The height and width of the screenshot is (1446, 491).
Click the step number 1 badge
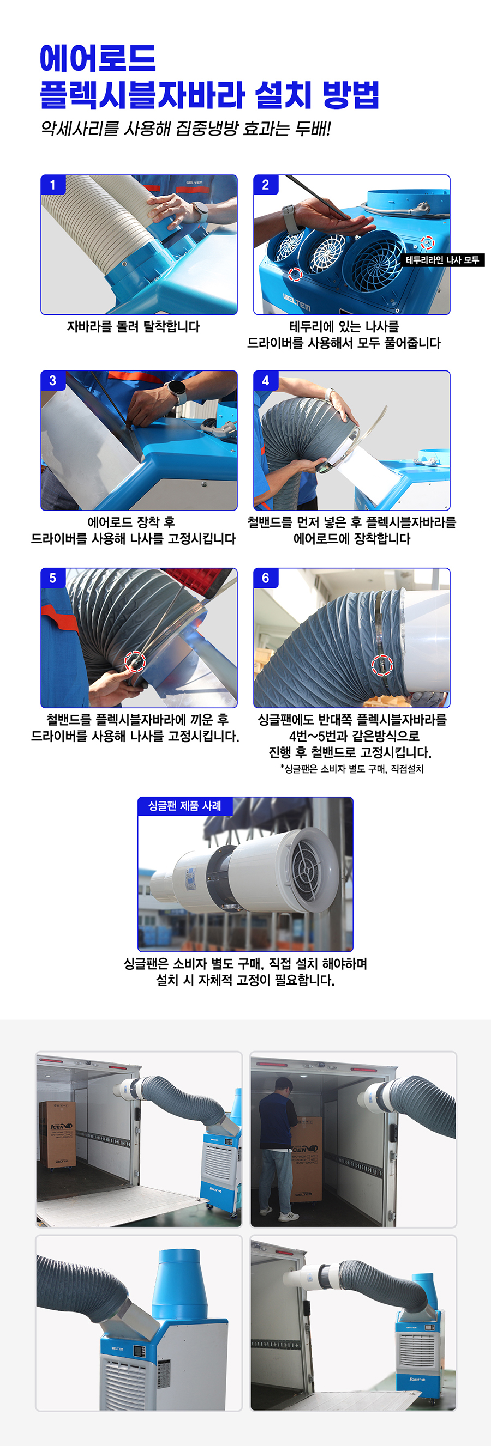pyautogui.click(x=53, y=185)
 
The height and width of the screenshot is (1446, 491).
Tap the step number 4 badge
pyautogui.click(x=266, y=381)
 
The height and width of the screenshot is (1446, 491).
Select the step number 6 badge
pyautogui.click(x=266, y=578)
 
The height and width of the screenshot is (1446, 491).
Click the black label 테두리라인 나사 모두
pyautogui.click(x=442, y=260)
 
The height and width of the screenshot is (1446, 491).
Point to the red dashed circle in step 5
pyautogui.click(x=135, y=662)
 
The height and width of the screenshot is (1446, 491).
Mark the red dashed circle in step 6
pyautogui.click(x=382, y=665)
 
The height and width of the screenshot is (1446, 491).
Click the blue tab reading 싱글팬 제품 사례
pyautogui.click(x=185, y=806)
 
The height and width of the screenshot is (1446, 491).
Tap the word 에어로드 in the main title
pyautogui.click(x=98, y=58)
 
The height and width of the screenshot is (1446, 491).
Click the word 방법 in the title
pyautogui.click(x=351, y=95)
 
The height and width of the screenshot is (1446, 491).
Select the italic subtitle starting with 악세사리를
pyautogui.click(x=186, y=129)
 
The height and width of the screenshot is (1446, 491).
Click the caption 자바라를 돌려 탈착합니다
pyautogui.click(x=133, y=327)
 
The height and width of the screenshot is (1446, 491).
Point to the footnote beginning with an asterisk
pyautogui.click(x=352, y=768)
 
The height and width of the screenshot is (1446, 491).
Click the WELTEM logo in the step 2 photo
pyautogui.click(x=296, y=302)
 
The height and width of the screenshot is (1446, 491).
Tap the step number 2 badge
pyautogui.click(x=266, y=185)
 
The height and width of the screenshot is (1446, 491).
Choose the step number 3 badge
pyautogui.click(x=53, y=381)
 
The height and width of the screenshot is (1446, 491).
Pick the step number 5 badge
pyautogui.click(x=53, y=578)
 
